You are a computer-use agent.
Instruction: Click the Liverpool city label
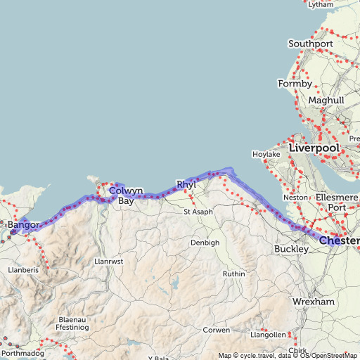314,149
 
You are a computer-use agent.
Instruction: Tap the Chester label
339,241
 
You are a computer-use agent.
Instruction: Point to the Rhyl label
186,185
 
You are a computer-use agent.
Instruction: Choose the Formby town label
295,84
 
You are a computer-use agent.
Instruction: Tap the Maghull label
326,101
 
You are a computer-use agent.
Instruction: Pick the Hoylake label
266,154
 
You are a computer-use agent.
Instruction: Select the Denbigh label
205,243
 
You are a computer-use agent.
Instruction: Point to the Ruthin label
233,274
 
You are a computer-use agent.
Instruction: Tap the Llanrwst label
108,261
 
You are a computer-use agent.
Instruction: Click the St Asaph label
198,212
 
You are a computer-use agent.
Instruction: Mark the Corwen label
216,330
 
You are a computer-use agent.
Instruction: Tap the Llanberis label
22,269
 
